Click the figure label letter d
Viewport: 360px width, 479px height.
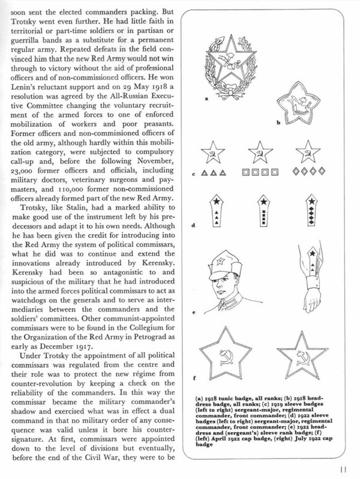(193, 227)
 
